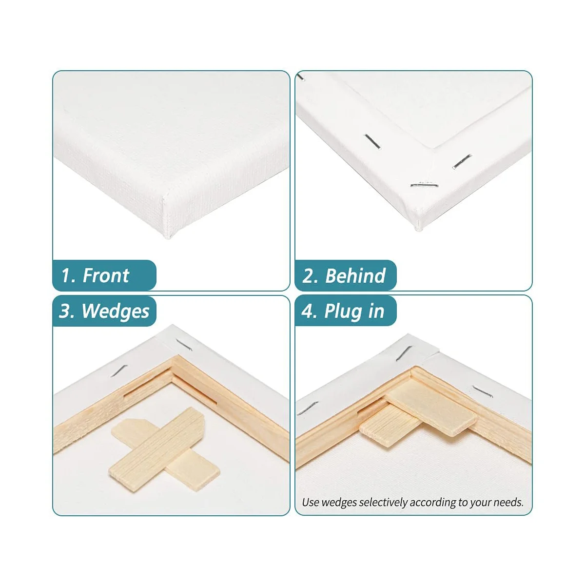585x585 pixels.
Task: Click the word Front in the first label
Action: pos(106,276)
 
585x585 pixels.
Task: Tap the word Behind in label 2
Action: pos(355,276)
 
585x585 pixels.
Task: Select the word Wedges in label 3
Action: pos(115,311)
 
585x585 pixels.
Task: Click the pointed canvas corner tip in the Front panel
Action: pos(169,237)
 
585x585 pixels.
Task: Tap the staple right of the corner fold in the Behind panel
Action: pos(462,161)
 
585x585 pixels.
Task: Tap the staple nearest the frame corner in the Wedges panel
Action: pos(183,344)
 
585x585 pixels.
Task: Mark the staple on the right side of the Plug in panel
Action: pos(482,390)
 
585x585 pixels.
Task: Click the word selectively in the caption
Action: pos(384,503)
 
